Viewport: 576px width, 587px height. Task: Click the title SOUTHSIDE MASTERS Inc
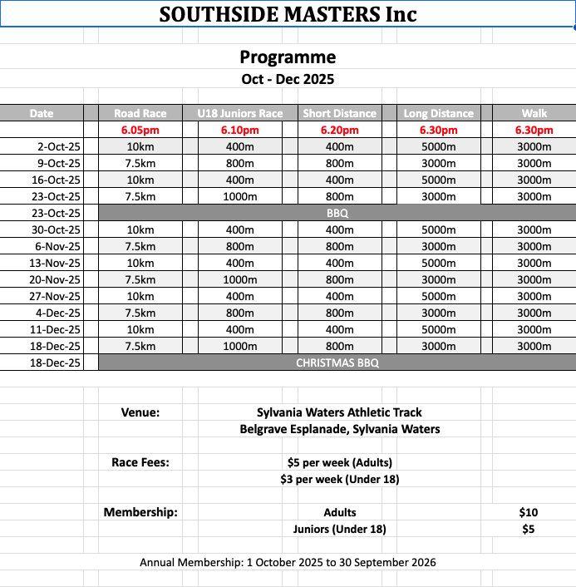pos(288,14)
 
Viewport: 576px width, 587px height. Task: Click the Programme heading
pos(288,57)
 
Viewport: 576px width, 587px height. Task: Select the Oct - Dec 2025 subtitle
pos(288,80)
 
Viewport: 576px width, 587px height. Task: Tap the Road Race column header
pos(140,113)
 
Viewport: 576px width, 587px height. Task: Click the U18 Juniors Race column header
pos(240,113)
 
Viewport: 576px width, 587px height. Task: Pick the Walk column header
pos(534,113)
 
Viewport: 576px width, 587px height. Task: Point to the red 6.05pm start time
pos(140,131)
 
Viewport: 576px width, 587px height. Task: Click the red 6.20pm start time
pos(339,131)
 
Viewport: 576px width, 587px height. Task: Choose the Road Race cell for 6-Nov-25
pos(140,247)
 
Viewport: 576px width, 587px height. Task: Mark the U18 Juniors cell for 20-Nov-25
pos(240,280)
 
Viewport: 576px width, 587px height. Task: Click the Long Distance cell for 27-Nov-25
pos(438,297)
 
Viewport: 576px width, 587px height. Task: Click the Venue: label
pos(140,412)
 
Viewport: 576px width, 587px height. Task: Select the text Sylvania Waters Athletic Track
pos(339,412)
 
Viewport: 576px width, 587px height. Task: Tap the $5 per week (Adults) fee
pos(339,462)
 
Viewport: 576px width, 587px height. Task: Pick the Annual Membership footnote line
pos(288,563)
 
